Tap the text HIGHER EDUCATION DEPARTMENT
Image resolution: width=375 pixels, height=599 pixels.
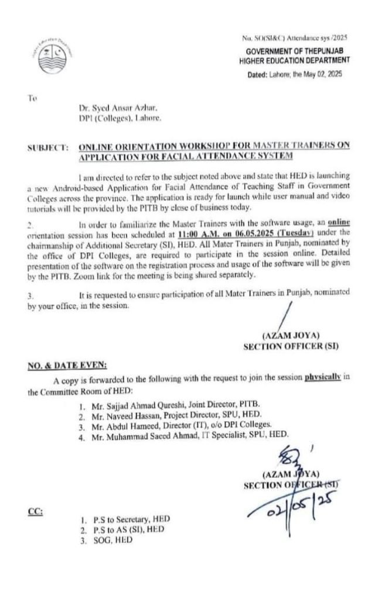coord(295,60)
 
